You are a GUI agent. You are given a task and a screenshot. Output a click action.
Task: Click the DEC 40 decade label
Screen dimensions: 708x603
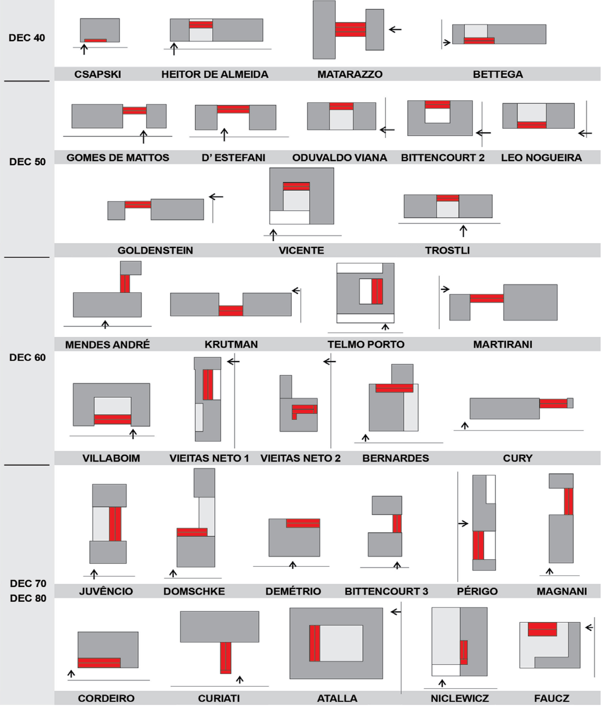coord(27,38)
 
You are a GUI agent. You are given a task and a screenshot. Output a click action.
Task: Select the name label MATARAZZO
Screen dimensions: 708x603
coord(350,74)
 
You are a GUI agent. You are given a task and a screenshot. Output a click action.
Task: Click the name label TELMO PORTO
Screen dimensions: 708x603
coord(366,344)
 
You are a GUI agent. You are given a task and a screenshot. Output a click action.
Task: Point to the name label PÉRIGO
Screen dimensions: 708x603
coord(477,591)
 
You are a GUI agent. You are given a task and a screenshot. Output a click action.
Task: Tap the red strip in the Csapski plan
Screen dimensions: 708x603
coord(95,40)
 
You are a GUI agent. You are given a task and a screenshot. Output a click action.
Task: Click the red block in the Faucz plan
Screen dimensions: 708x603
coord(542,629)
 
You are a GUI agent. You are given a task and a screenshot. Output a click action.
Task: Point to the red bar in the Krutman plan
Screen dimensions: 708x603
coord(231,310)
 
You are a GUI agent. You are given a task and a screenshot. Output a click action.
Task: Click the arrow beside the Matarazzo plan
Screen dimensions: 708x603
coord(395,29)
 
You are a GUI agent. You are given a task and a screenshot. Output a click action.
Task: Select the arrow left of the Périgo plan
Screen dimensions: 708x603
coord(463,523)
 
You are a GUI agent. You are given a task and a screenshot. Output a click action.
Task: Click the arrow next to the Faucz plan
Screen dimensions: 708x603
coord(589,627)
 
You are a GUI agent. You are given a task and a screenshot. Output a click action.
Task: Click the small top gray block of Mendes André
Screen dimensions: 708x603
coord(131,268)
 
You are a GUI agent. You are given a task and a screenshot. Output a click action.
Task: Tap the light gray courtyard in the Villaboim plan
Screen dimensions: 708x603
coord(112,406)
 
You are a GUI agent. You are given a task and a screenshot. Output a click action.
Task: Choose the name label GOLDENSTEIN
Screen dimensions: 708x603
coord(155,250)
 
